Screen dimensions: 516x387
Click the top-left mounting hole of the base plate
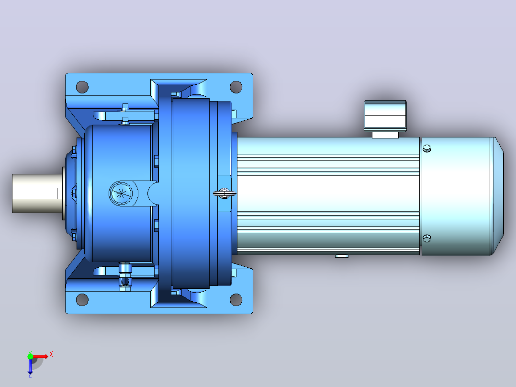[x=82, y=87]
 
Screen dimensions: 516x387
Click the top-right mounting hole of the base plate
[x=236, y=87]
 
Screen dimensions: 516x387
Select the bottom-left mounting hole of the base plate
[x=82, y=300]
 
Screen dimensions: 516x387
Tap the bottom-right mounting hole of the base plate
[x=236, y=300]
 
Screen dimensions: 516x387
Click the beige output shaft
[x=37, y=193]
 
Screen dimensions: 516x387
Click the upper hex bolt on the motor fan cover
[x=426, y=148]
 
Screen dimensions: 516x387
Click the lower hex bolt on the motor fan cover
[x=426, y=238]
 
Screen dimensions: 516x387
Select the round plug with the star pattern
[x=121, y=193]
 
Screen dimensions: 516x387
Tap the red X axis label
[x=51, y=354]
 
